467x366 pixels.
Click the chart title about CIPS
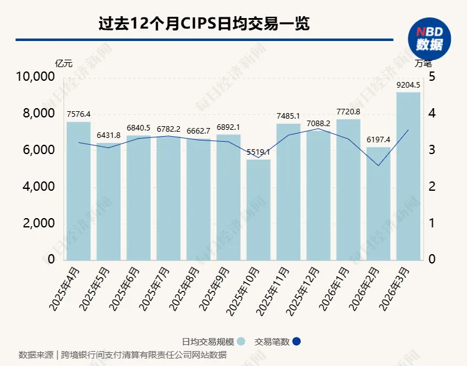[204, 24]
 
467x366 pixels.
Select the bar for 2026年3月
[408, 176]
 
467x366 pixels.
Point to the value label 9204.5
[408, 85]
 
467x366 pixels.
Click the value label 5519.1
[258, 152]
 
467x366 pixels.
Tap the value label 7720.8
[349, 111]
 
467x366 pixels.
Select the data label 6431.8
[108, 135]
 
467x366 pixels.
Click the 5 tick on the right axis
[432, 77]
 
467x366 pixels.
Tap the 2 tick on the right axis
[432, 187]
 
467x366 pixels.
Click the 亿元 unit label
[64, 63]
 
